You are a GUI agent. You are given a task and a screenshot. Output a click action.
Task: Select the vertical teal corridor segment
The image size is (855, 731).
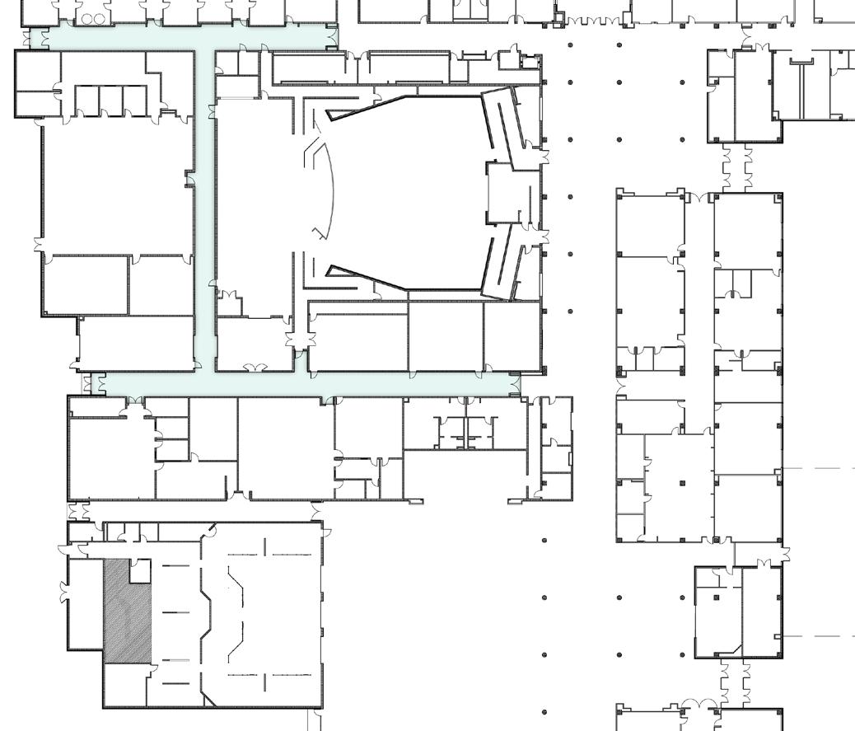pos(204,206)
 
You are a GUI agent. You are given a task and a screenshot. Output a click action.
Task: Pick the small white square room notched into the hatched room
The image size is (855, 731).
pos(140,570)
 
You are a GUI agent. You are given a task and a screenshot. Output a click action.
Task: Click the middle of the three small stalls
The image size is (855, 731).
pos(111,101)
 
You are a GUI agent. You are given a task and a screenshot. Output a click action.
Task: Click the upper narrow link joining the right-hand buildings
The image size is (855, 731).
pos(735,168)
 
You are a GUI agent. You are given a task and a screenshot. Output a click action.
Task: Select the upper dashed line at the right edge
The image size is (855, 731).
pos(819,468)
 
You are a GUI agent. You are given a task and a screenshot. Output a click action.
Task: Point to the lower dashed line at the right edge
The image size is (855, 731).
pos(819,636)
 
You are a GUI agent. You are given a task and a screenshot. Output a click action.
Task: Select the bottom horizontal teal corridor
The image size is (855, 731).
pos(313,384)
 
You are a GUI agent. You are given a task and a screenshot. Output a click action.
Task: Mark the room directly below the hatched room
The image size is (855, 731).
pos(125,685)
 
